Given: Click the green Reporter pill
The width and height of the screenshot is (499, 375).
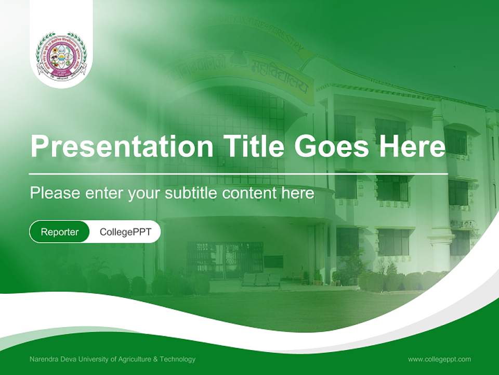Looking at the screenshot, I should click(x=60, y=232).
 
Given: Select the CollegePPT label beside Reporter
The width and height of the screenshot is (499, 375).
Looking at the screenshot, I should click(x=125, y=232).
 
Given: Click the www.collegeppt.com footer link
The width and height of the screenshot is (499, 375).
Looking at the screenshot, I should click(x=439, y=359).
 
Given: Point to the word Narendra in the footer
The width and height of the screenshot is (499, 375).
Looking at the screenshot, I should click(x=44, y=359).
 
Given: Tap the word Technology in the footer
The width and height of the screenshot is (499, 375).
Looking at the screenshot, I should click(x=178, y=359).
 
